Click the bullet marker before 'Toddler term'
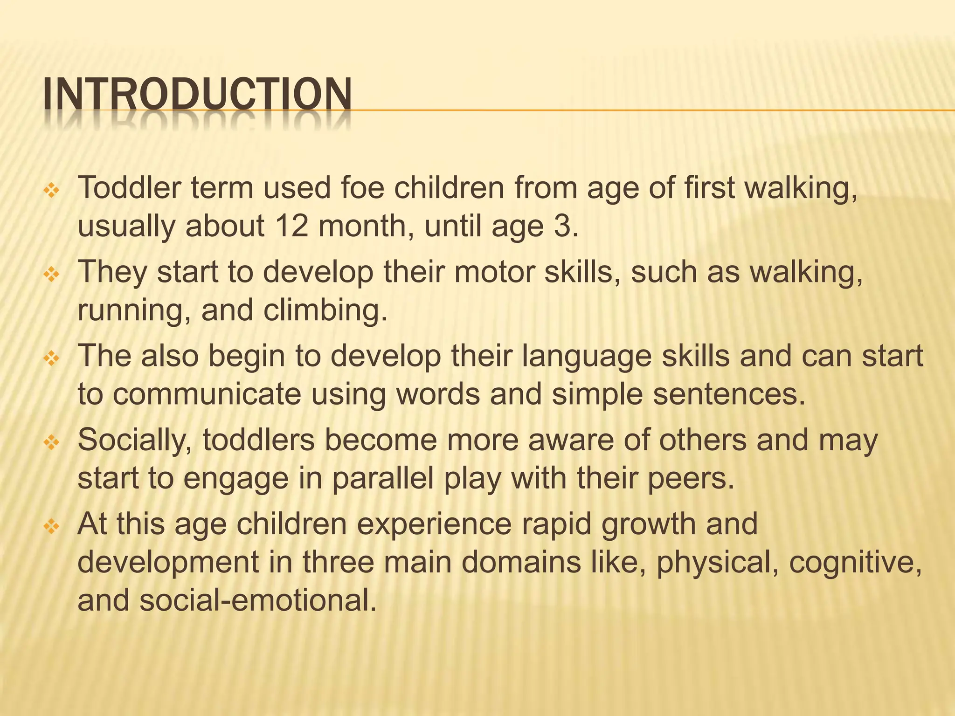tap(49, 191)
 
